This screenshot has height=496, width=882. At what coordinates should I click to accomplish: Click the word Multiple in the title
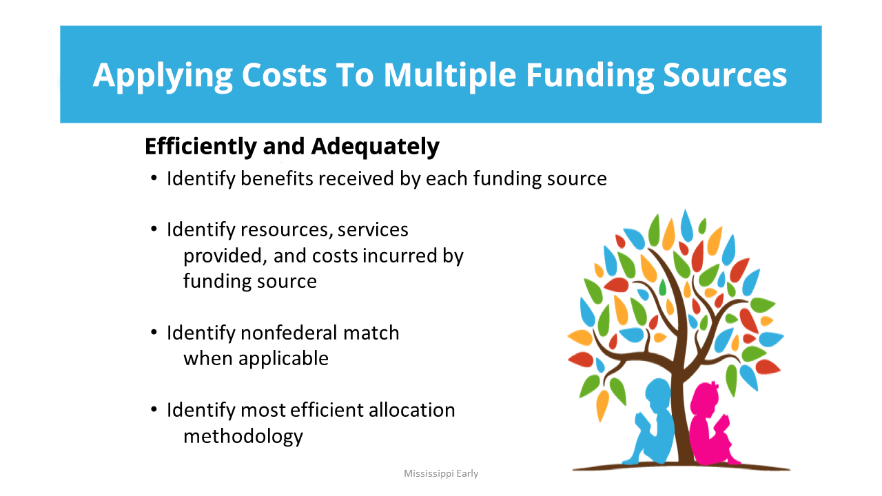point(450,75)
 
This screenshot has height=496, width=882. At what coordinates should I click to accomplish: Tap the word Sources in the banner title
point(725,75)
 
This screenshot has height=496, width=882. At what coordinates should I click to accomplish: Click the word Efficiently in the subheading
point(201,147)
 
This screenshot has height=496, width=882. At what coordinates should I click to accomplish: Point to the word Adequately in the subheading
point(375,147)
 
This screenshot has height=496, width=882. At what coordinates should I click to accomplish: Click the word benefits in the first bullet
point(276,178)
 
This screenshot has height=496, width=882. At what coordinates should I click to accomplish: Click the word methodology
point(243,437)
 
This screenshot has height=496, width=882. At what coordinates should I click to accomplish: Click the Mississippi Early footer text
point(441,473)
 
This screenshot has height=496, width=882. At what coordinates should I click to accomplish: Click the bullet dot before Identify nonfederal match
point(154,333)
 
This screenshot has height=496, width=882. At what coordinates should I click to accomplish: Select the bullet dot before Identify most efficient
point(154,410)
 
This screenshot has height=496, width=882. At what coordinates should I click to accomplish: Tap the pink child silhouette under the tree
point(710,425)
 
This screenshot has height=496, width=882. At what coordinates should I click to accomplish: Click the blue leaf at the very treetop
point(686,225)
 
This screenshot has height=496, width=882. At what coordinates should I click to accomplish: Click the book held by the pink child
point(721,422)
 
